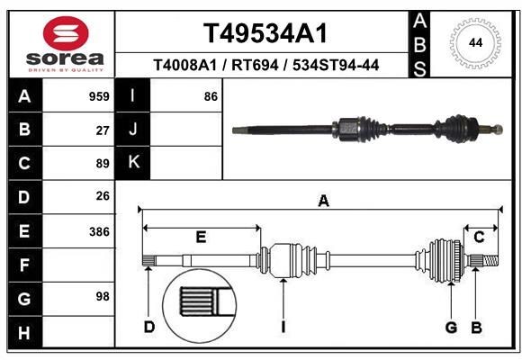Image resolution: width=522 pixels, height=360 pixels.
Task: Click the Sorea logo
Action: [x=65, y=43]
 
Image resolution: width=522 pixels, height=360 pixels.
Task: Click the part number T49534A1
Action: [x=264, y=33]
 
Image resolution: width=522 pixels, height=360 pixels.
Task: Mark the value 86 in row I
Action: [x=211, y=95]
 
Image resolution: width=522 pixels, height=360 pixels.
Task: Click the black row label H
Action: [x=23, y=334]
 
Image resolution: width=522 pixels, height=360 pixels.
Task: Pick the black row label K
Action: [x=133, y=163]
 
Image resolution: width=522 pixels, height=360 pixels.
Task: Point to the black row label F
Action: [x=23, y=265]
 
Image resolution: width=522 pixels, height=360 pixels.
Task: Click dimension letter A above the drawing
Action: [x=323, y=202]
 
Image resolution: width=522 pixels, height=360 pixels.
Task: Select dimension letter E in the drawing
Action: [x=201, y=238]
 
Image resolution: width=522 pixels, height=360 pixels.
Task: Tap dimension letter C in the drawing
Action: [x=480, y=237]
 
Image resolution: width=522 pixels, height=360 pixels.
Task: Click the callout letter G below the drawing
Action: [x=450, y=327]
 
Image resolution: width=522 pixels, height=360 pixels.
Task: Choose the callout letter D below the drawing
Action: [x=149, y=327]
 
